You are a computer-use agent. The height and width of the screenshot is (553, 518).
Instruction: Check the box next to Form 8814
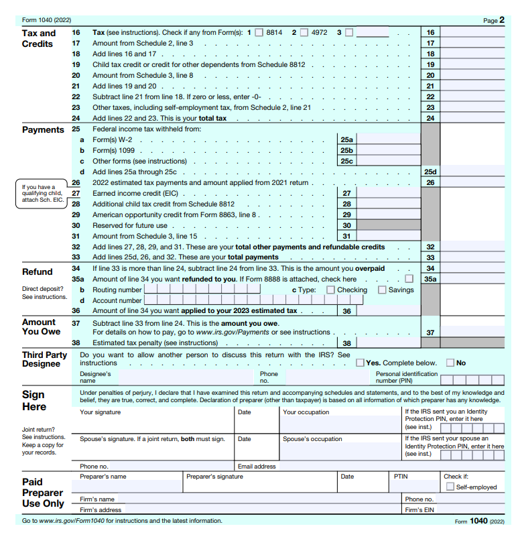click(259, 32)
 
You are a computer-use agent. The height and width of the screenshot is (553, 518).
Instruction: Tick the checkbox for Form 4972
click(304, 32)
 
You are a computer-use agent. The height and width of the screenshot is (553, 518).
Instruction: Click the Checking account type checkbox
click(330, 290)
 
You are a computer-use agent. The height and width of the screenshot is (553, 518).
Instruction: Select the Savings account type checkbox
click(382, 290)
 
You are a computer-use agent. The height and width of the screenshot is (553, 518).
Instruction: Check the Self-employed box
click(450, 487)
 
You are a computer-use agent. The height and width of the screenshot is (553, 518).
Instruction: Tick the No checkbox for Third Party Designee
click(450, 363)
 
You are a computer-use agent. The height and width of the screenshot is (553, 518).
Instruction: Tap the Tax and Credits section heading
click(39, 38)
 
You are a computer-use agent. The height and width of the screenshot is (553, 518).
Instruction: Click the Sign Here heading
click(34, 401)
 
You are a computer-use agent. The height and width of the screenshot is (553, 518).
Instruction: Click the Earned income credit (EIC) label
click(131, 193)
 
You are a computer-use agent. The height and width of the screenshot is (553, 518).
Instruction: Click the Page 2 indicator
click(494, 21)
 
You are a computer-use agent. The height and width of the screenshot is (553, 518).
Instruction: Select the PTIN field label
click(400, 477)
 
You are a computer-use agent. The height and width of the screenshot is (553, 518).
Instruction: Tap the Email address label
click(257, 467)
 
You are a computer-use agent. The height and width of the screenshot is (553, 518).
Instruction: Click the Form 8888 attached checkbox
click(409, 279)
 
